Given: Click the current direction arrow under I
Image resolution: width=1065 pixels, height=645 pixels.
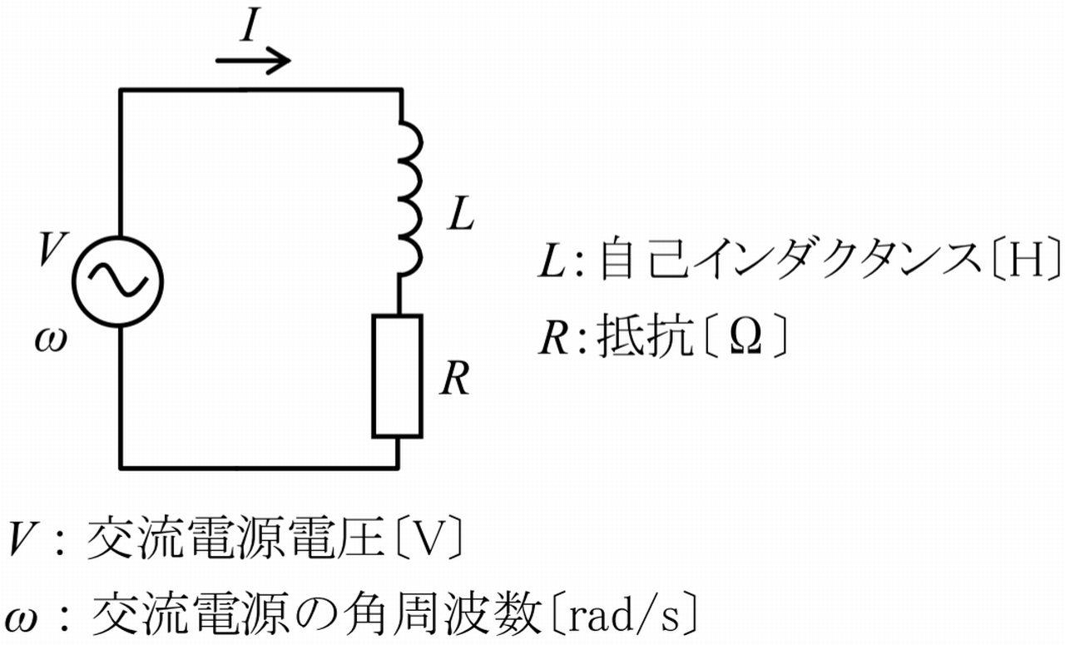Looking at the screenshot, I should (x=252, y=60).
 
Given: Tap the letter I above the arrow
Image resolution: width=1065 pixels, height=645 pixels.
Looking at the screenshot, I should (x=250, y=28).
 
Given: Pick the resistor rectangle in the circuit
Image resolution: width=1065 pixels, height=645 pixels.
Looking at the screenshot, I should (x=398, y=375).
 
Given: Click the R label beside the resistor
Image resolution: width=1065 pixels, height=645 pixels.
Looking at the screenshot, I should (x=455, y=380).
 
